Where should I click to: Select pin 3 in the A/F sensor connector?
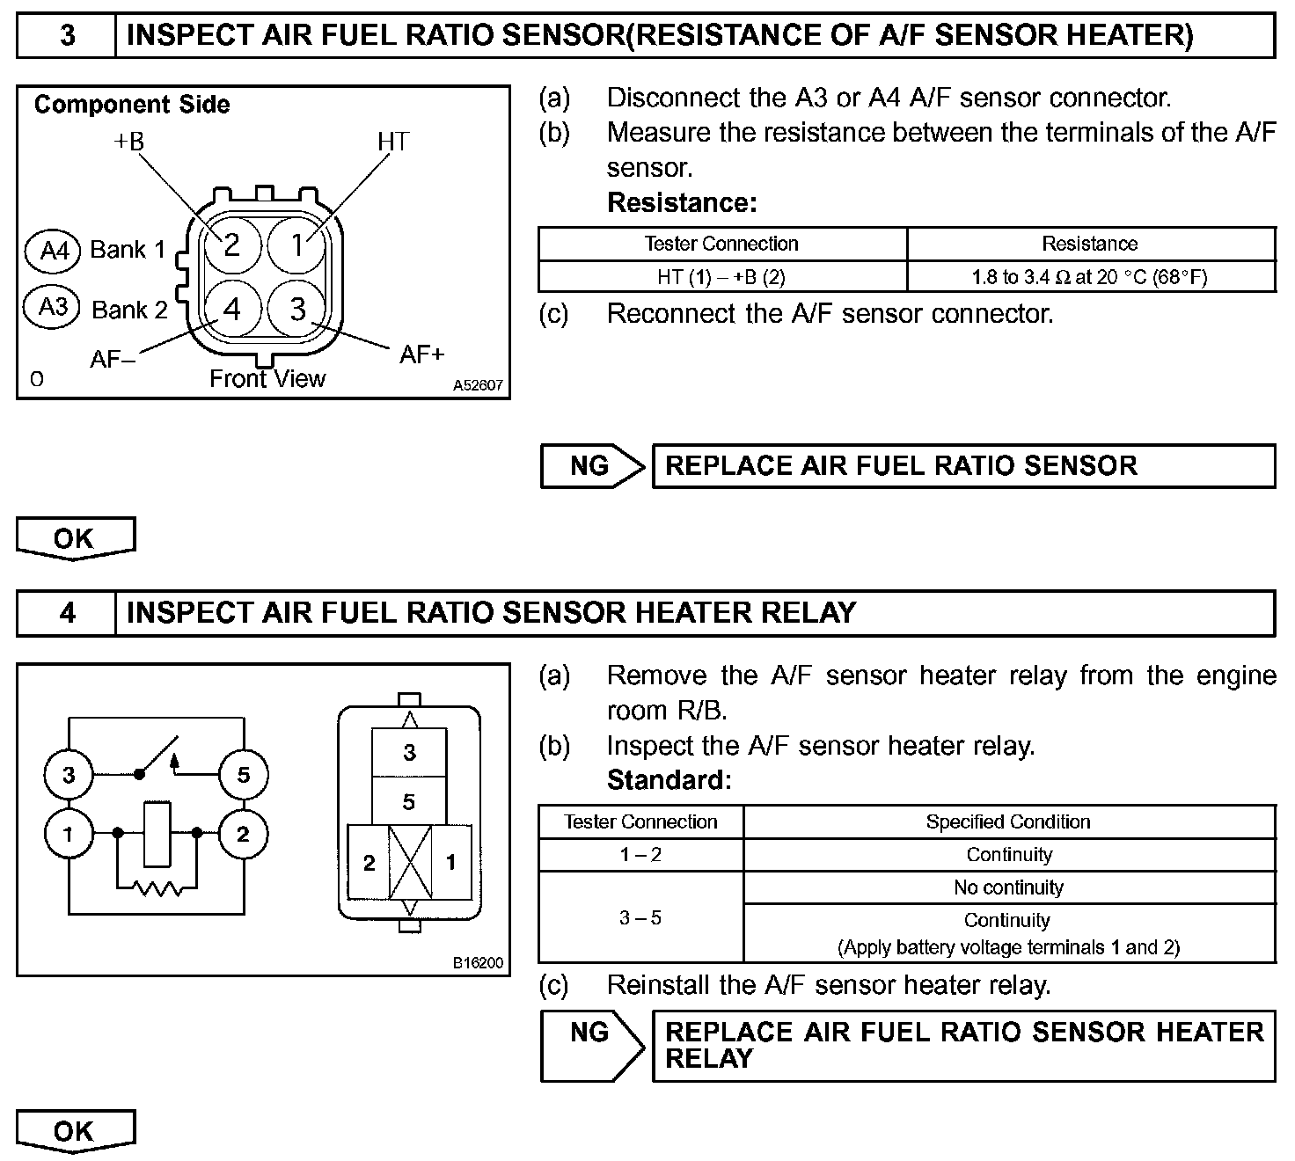pyautogui.click(x=298, y=309)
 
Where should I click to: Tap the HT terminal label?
pyautogui.click(x=392, y=142)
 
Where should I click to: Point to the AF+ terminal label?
pyautogui.click(x=422, y=354)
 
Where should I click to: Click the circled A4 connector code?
pyautogui.click(x=55, y=251)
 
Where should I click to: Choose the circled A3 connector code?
pyautogui.click(x=54, y=308)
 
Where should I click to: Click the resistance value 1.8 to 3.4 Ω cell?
pyautogui.click(x=1089, y=277)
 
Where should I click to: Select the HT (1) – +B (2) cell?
pyautogui.click(x=721, y=277)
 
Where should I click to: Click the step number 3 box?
pyautogui.click(x=67, y=36)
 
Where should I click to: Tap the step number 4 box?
pyautogui.click(x=67, y=613)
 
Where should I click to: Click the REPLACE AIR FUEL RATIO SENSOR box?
pyautogui.click(x=962, y=466)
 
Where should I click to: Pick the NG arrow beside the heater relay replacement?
pyautogui.click(x=592, y=1045)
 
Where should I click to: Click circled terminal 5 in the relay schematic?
pyautogui.click(x=243, y=775)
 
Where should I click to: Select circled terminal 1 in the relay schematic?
pyautogui.click(x=69, y=833)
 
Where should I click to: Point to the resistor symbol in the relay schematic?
pyautogui.click(x=157, y=889)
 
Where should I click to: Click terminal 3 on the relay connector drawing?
pyautogui.click(x=409, y=753)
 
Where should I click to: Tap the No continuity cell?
pyautogui.click(x=1008, y=888)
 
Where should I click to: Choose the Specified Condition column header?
pyautogui.click(x=1008, y=822)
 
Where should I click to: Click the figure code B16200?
pyautogui.click(x=478, y=963)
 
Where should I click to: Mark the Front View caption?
pyautogui.click(x=267, y=379)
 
